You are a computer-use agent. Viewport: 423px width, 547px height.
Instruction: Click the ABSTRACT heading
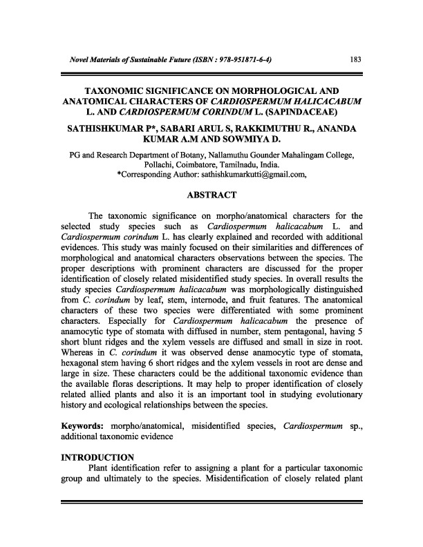[x=211, y=194]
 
